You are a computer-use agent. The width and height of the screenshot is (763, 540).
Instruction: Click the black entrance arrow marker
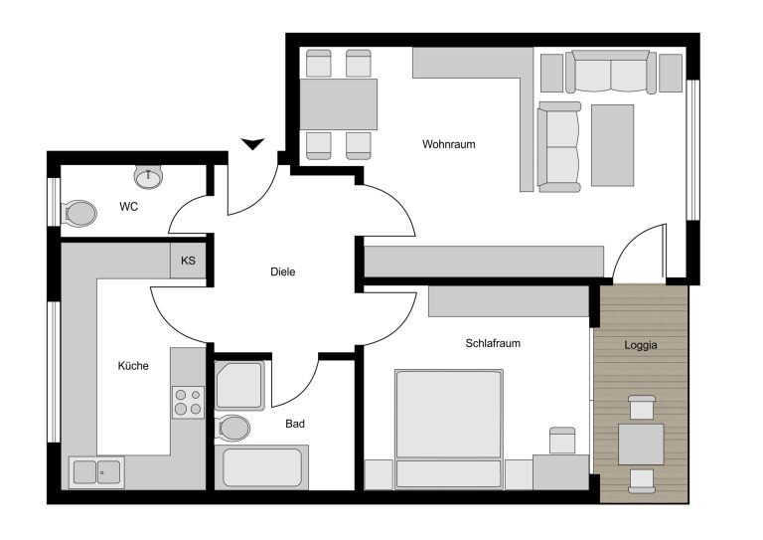(252, 143)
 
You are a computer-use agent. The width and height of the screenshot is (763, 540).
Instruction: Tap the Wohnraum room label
(449, 144)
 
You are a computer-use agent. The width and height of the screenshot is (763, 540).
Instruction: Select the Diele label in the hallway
(283, 271)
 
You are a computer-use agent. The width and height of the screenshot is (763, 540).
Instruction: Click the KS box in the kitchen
(188, 261)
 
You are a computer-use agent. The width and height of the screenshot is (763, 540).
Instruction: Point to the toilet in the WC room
(78, 213)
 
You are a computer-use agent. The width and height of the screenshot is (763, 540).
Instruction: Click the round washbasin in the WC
(148, 176)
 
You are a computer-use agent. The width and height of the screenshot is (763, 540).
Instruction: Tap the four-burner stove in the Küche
(189, 402)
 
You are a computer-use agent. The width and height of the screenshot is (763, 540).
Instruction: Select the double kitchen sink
(96, 472)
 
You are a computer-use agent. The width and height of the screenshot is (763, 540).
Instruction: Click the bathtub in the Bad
(262, 467)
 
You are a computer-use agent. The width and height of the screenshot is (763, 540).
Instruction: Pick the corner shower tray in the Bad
(239, 386)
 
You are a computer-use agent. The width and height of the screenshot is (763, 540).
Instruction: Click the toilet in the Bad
(232, 429)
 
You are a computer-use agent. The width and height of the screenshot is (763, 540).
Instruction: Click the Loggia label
(641, 345)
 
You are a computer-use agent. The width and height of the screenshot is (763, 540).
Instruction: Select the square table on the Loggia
(641, 445)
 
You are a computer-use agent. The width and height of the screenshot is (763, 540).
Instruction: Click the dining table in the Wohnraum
(339, 104)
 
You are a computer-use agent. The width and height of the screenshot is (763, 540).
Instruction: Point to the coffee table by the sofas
(613, 145)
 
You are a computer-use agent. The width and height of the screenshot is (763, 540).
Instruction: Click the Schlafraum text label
(493, 343)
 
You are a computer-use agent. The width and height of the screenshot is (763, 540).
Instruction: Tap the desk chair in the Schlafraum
(562, 441)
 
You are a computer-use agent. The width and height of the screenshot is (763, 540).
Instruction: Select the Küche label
(133, 366)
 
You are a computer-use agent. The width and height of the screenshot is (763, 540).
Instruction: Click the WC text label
(128, 207)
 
